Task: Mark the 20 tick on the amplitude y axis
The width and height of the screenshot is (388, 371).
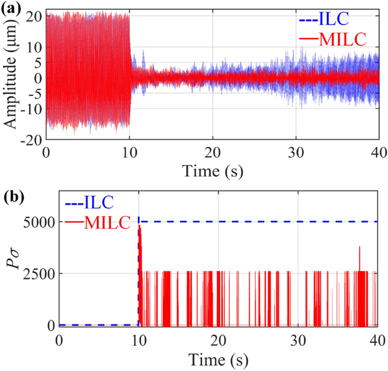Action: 35,16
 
